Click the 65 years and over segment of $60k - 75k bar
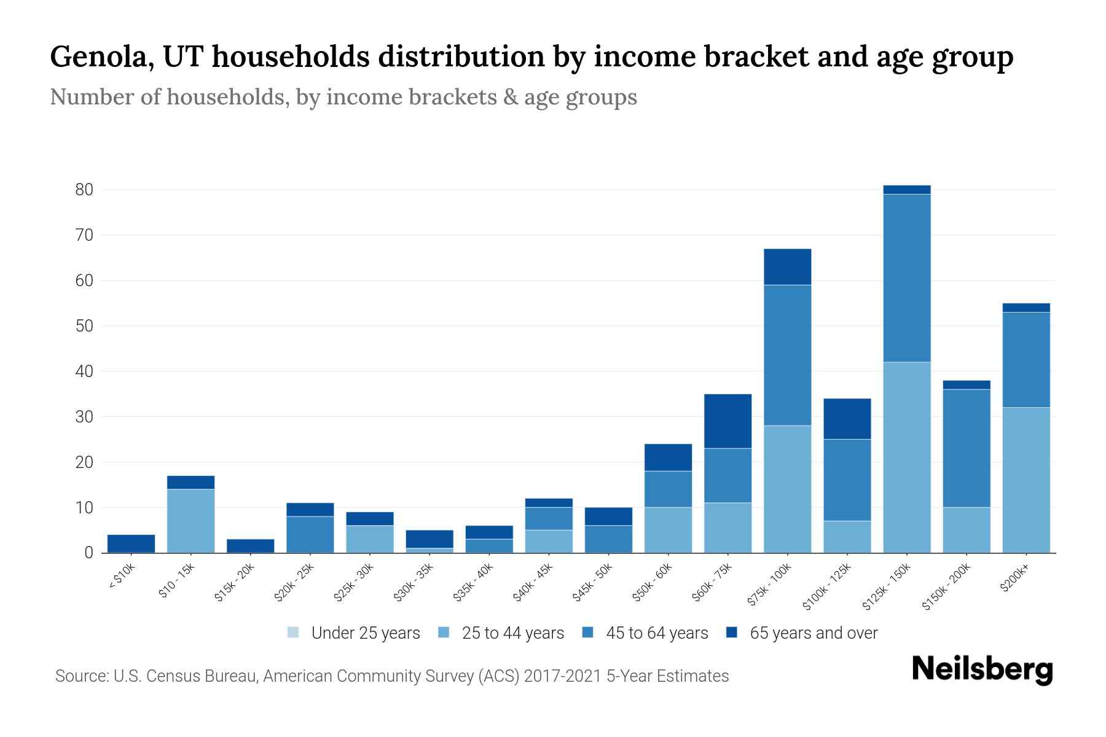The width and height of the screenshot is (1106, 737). click(x=728, y=421)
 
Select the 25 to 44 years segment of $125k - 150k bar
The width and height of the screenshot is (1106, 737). click(x=906, y=458)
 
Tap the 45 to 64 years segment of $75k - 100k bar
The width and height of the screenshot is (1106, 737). click(x=787, y=355)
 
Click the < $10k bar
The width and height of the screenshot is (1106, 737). click(x=131, y=544)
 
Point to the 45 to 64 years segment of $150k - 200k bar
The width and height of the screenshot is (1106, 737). click(x=966, y=448)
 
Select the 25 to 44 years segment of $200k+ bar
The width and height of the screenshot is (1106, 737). click(x=1026, y=480)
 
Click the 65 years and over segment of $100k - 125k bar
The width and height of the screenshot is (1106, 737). click(x=847, y=419)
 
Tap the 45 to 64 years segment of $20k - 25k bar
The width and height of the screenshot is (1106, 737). click(x=310, y=534)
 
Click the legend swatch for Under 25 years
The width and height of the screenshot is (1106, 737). click(x=293, y=633)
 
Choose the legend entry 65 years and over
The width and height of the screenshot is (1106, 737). click(x=813, y=633)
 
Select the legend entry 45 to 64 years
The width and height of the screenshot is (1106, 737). click(x=656, y=633)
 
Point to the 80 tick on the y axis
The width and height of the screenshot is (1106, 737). click(x=84, y=190)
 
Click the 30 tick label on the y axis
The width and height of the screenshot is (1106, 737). click(x=84, y=417)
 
